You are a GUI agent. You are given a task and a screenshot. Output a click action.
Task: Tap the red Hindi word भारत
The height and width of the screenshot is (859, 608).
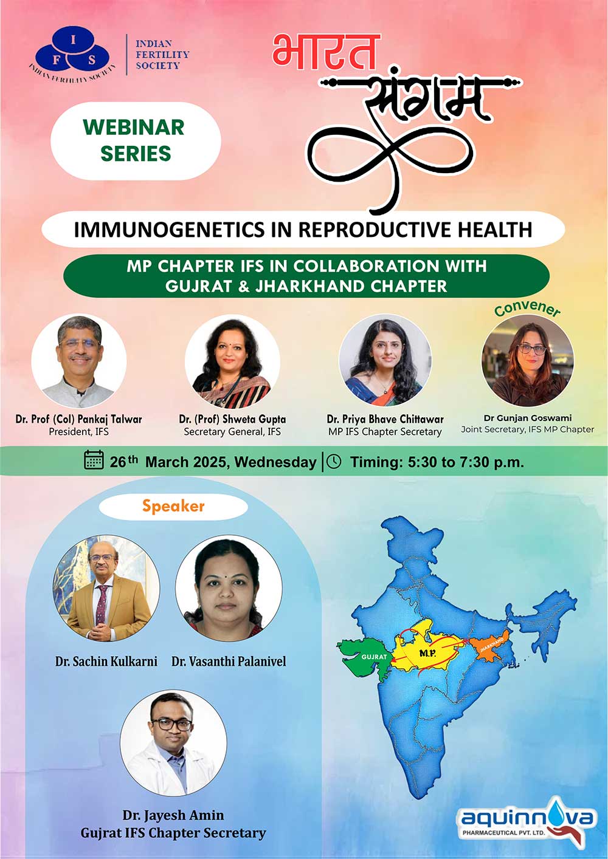point(326,52)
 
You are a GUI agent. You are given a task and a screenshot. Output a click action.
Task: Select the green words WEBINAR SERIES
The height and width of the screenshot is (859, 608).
point(135,140)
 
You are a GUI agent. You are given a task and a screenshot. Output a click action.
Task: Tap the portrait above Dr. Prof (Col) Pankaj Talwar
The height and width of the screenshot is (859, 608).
point(79,361)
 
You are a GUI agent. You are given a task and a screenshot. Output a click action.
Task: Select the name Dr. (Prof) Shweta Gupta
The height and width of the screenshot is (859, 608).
point(232,419)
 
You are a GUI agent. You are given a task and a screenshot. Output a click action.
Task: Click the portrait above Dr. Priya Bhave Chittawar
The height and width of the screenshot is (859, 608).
point(385,360)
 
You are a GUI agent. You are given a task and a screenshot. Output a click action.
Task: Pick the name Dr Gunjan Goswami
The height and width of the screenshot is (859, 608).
point(527,418)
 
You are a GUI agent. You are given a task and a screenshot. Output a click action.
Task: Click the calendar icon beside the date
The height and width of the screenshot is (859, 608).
point(94,460)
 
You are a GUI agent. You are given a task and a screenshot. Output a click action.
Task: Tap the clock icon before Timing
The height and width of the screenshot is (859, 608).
point(334,461)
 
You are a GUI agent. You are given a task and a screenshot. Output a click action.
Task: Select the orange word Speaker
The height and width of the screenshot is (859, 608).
point(173,507)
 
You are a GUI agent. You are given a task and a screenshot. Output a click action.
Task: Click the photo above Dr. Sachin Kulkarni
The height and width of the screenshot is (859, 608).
point(106,589)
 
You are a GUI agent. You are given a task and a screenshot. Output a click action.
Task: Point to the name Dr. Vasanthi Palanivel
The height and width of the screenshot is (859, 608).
point(229,662)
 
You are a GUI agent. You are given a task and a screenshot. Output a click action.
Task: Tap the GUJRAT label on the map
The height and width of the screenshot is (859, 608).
point(375,657)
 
